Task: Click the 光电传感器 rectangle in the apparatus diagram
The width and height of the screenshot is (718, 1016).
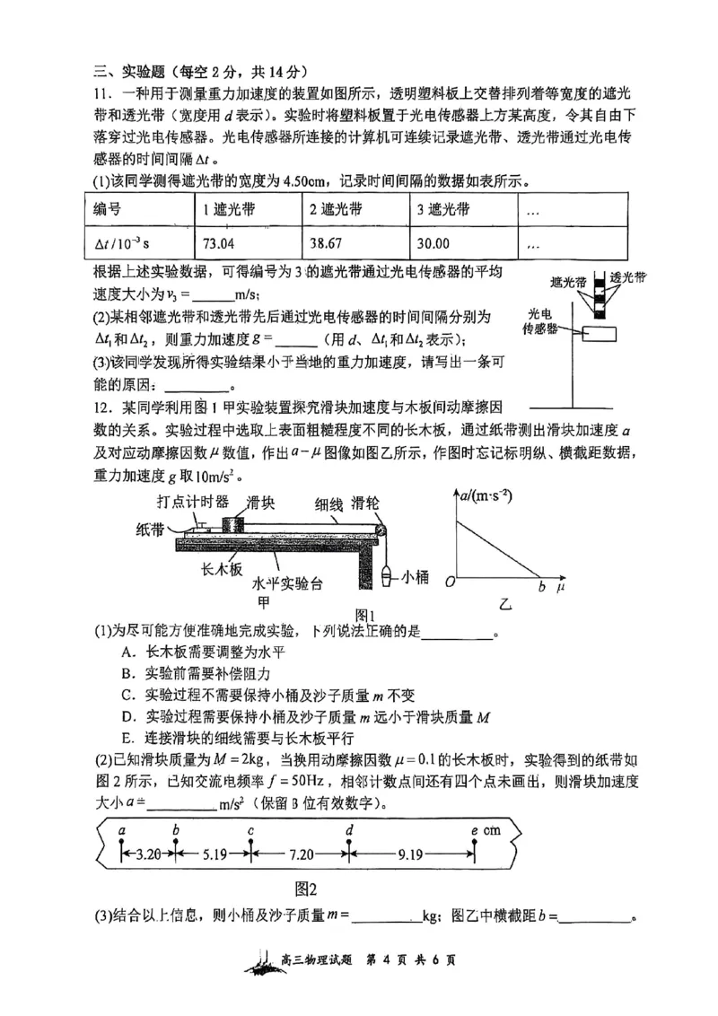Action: coord(599,334)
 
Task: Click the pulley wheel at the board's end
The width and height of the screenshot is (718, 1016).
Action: coord(382,529)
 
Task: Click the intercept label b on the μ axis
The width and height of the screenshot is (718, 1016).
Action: coord(541,587)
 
